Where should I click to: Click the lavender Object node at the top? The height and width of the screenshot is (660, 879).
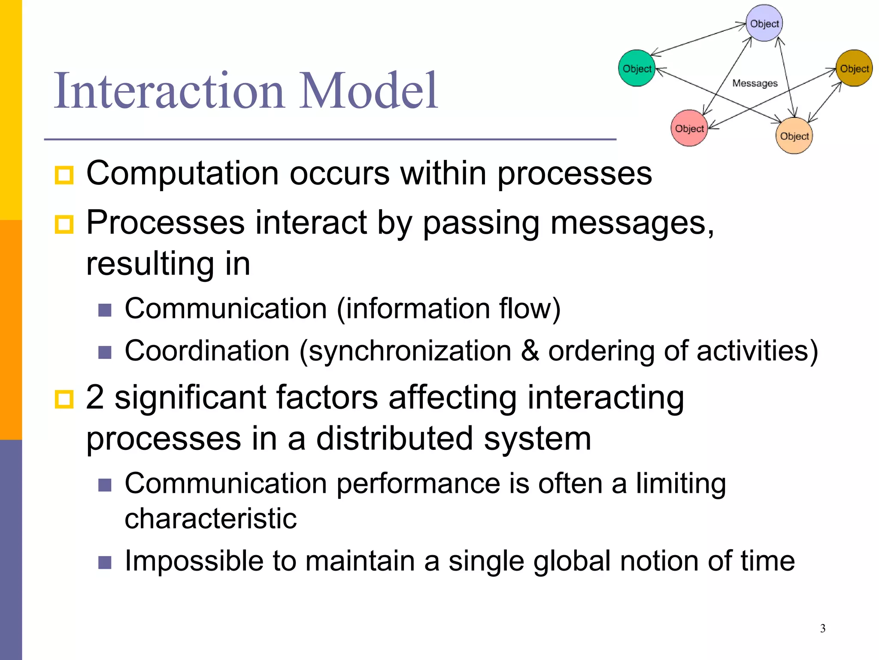(764, 23)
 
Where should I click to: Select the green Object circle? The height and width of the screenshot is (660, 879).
(637, 68)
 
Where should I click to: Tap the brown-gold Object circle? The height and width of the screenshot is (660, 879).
(854, 68)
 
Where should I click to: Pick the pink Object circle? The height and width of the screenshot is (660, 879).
(689, 128)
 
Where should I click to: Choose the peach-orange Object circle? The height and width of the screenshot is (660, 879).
(794, 136)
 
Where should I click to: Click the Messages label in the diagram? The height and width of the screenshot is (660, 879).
(755, 83)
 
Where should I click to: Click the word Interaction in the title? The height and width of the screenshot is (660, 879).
(169, 91)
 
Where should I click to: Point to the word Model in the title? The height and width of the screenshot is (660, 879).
(368, 91)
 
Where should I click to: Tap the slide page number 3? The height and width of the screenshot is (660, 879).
(823, 629)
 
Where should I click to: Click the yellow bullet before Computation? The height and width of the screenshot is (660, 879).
(64, 175)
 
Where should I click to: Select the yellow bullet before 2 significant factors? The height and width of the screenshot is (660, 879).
(64, 399)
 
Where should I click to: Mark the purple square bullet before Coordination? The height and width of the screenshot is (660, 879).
(105, 352)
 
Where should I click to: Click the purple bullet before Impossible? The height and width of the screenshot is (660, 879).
(105, 562)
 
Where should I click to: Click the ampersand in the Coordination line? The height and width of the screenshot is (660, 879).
(530, 351)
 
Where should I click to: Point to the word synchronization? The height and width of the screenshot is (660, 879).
(409, 351)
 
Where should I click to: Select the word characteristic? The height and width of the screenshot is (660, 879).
(210, 519)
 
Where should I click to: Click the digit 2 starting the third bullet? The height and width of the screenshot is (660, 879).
(95, 397)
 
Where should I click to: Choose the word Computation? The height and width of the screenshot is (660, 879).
(182, 174)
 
